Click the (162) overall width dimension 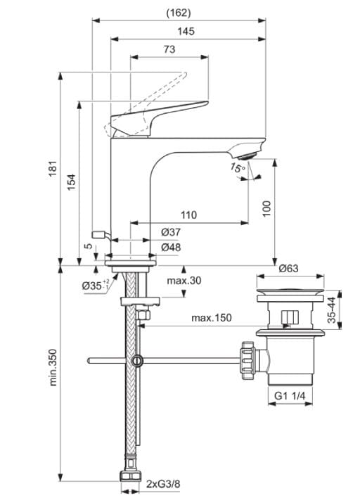coord(179,12)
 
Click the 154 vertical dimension coord(71,182)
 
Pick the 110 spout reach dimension coord(188,215)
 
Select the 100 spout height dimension coord(266,208)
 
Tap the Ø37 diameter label coord(172,232)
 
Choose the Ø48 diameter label coord(172,248)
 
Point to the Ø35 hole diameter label coord(94,285)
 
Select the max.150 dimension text coord(211,318)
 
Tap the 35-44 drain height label coord(331,310)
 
